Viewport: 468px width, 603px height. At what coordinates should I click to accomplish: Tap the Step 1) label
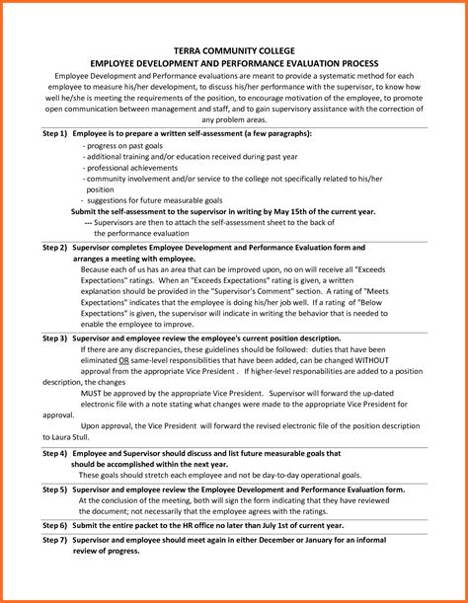55,132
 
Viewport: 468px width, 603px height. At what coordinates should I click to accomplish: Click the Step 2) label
55,248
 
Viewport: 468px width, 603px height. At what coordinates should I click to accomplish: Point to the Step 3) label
55,338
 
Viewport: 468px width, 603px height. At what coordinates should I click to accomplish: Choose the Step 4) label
55,453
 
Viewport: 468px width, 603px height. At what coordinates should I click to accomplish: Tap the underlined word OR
123,360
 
